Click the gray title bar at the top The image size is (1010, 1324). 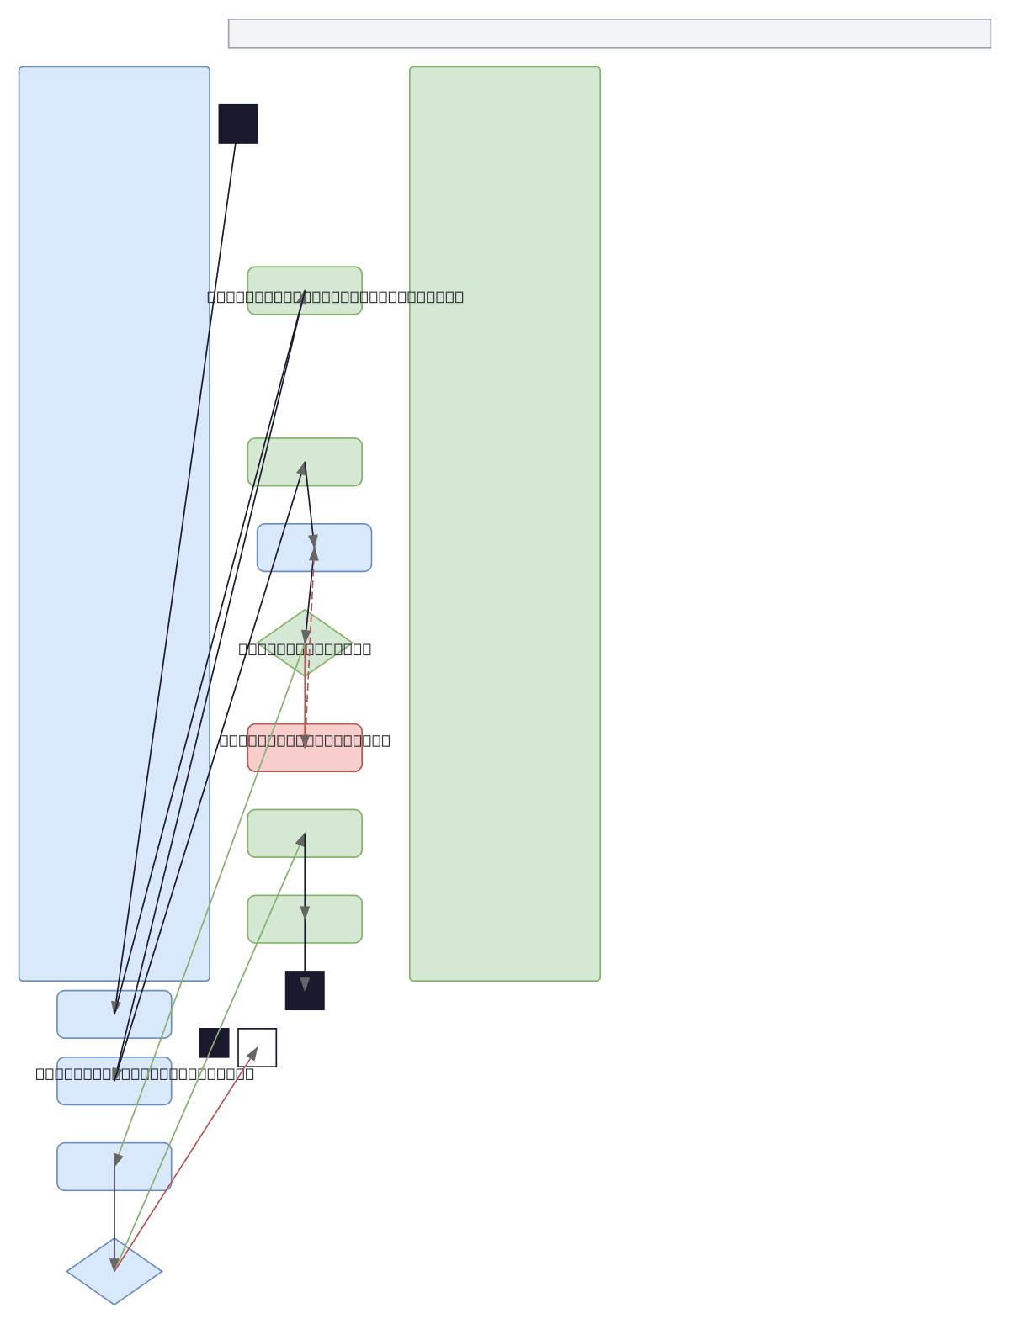[x=609, y=34]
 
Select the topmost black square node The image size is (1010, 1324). [x=238, y=124]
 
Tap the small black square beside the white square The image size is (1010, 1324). [x=214, y=1042]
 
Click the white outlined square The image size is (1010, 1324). [x=258, y=1047]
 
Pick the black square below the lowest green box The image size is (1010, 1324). [x=305, y=990]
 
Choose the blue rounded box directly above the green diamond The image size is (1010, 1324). [x=345, y=548]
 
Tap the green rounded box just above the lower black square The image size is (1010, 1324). [x=337, y=919]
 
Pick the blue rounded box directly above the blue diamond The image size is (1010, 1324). [x=143, y=1167]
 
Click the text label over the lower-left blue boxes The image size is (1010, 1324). [x=145, y=1073]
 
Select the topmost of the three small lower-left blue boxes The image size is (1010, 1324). [x=143, y=1014]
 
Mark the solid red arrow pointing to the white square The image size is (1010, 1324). [x=185, y=1160]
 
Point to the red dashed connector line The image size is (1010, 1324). [x=309, y=648]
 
